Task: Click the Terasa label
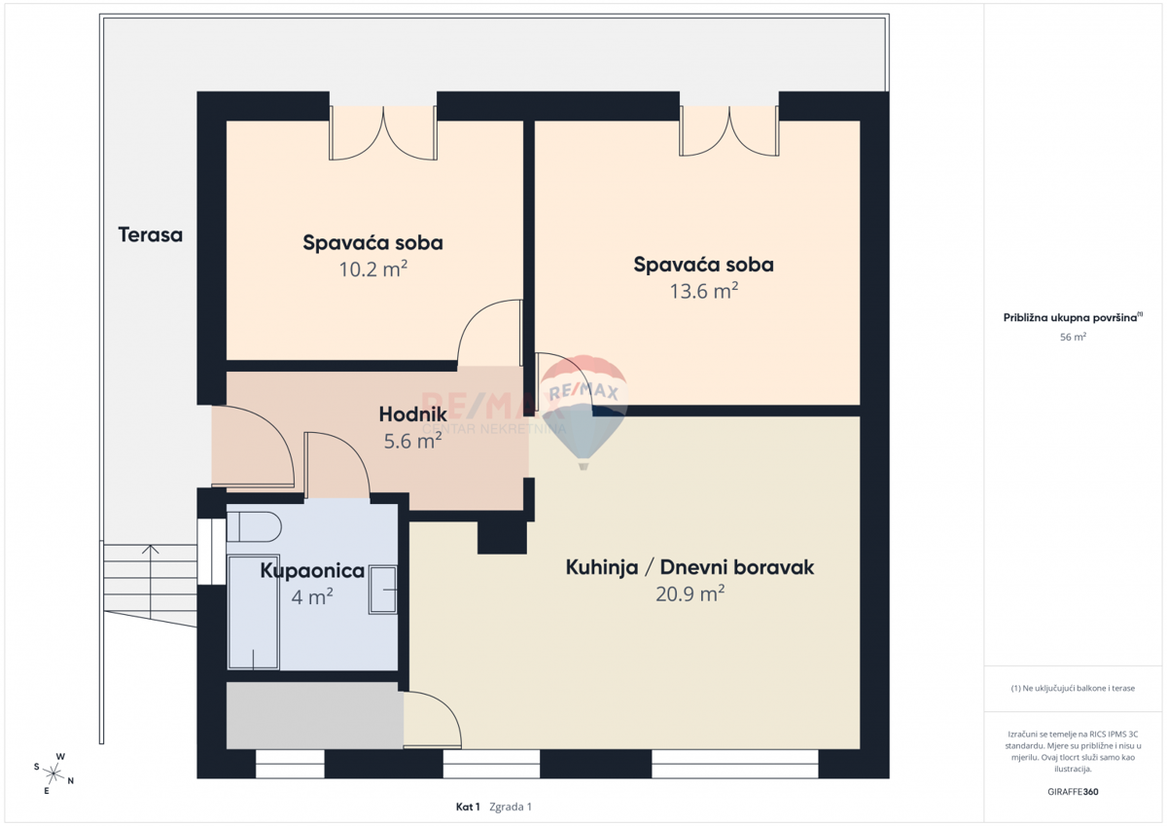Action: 150,235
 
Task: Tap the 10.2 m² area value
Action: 373,269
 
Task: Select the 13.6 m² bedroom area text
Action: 704,291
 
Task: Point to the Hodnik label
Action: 412,414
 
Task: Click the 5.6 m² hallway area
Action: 412,441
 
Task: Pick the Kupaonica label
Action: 312,571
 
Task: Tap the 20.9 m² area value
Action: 690,593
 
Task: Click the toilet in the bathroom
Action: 254,526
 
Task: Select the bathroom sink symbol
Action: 383,590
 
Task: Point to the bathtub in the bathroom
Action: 253,612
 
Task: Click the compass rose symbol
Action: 53,773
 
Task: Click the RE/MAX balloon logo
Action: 583,413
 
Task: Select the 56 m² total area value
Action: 1073,337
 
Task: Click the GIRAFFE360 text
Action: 1073,792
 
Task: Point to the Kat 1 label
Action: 468,807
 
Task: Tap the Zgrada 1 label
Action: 511,807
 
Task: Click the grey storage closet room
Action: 315,715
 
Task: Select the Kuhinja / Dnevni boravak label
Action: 690,567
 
